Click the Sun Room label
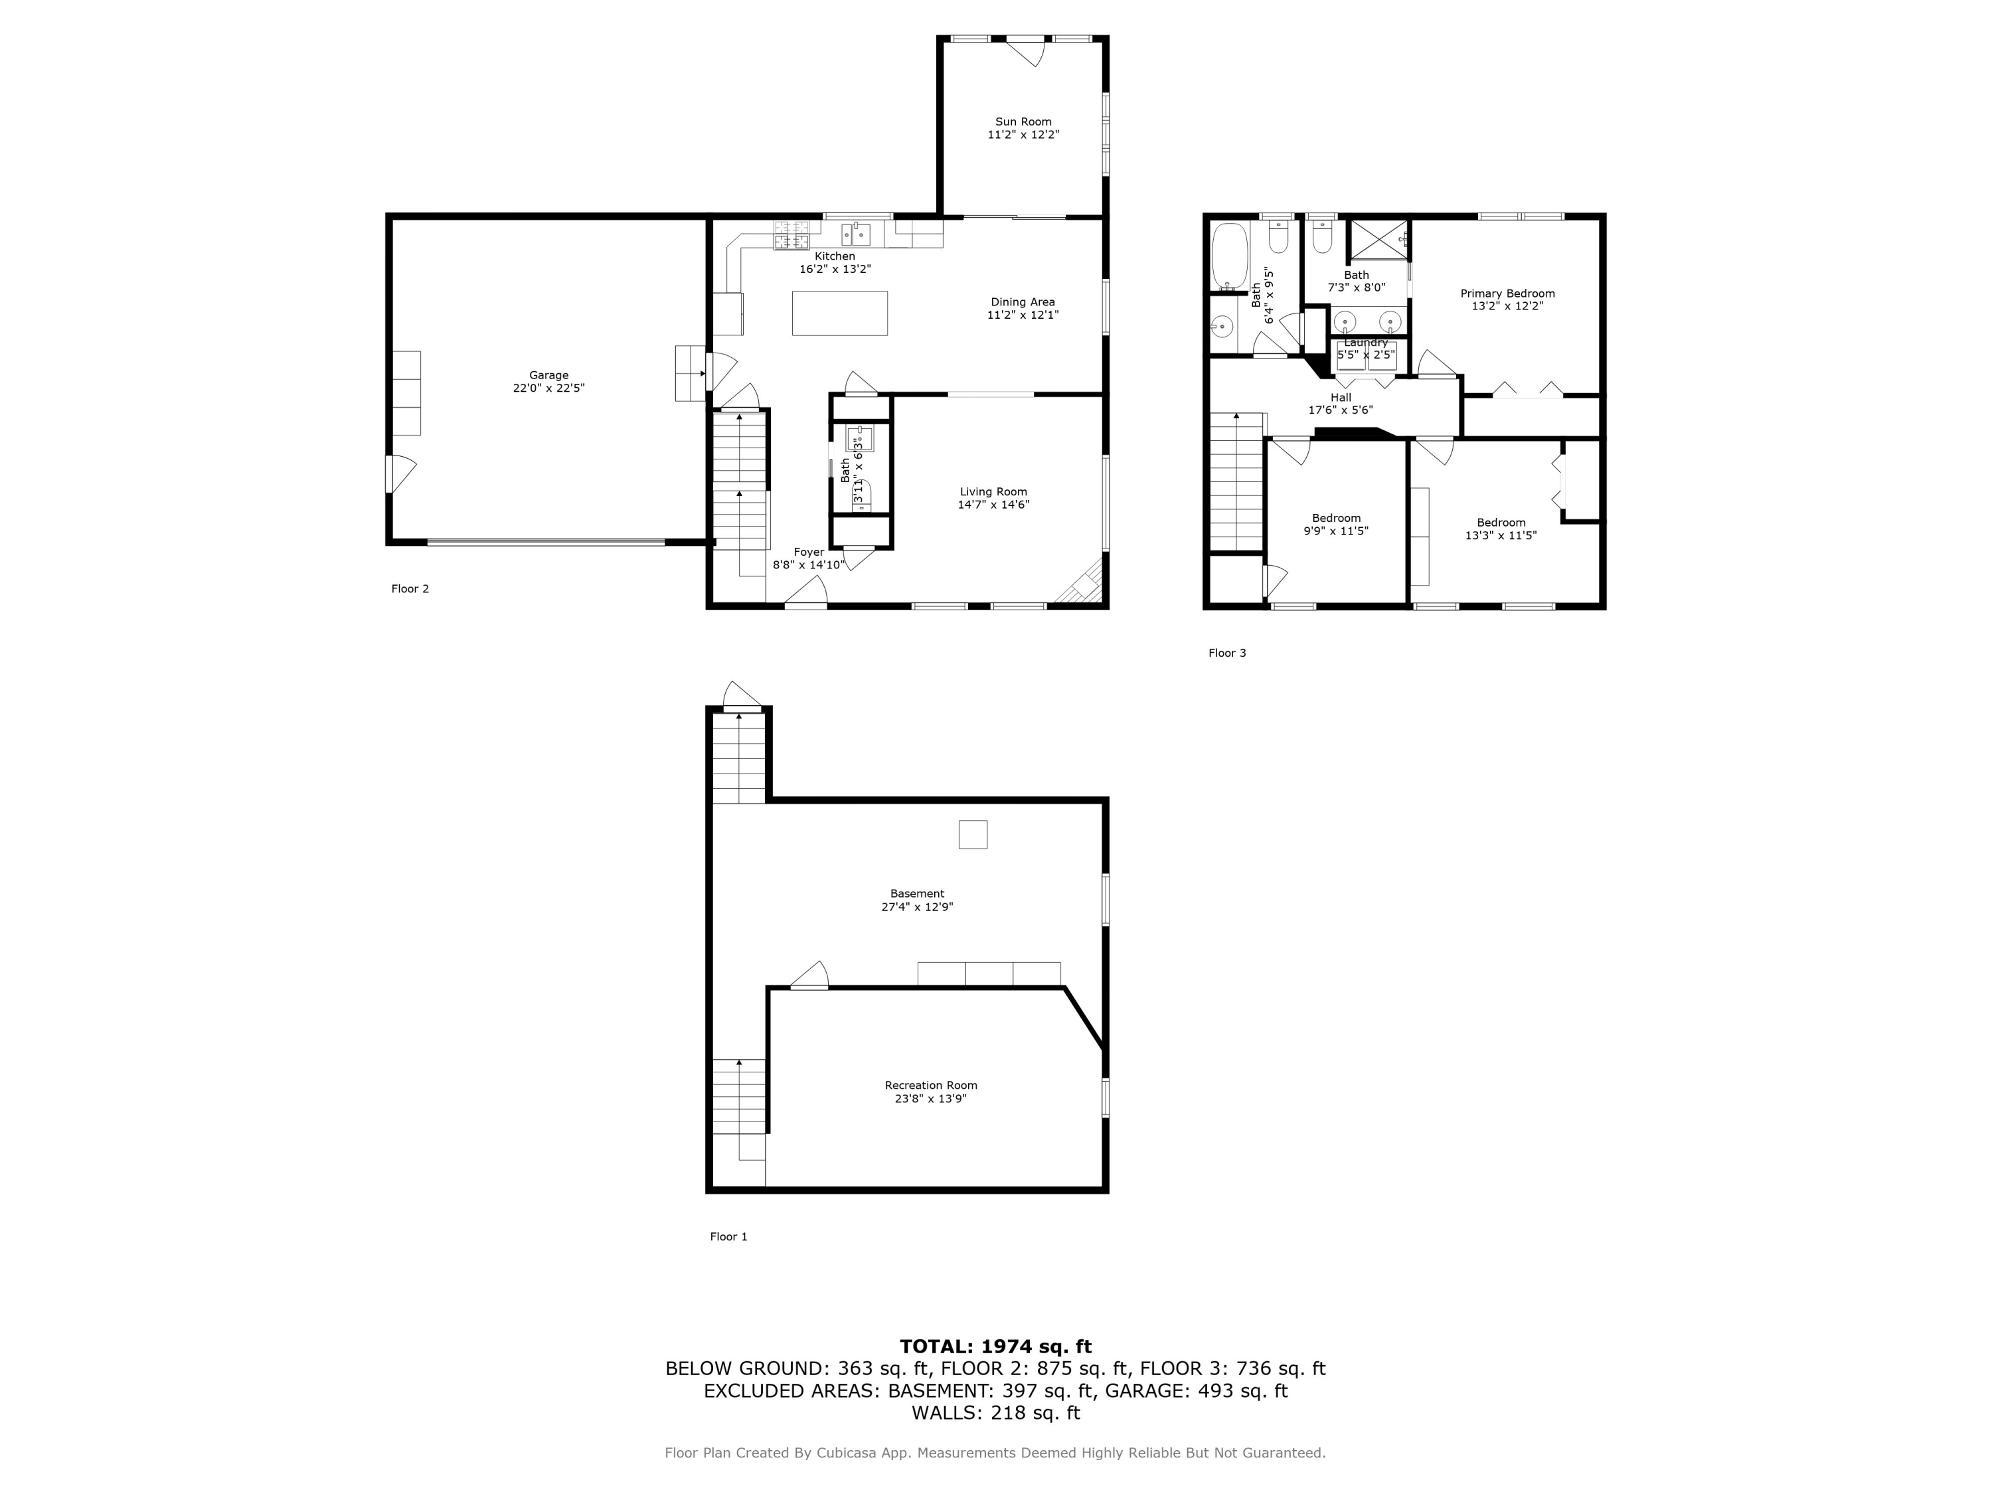(1023, 122)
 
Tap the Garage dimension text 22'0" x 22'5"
(548, 388)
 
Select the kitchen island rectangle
(839, 313)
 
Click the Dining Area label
(1022, 303)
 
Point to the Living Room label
(993, 492)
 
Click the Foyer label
(809, 552)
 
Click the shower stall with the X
(1378, 238)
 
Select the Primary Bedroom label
(1507, 293)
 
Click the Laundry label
(1366, 343)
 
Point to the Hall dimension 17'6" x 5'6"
(1340, 410)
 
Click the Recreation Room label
(930, 1085)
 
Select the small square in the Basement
(973, 835)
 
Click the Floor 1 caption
(728, 1236)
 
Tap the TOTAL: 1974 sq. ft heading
(995, 1347)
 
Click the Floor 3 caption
(1226, 653)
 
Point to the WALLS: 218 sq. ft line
(995, 1413)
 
